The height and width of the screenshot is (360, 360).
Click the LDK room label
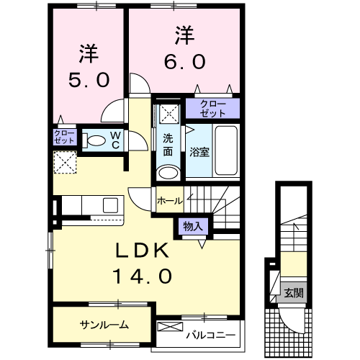[142, 250]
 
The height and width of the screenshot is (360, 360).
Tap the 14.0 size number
[142, 276]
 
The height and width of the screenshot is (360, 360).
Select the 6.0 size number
[184, 61]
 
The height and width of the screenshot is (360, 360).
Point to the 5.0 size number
[89, 80]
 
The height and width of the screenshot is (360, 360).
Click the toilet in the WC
[94, 140]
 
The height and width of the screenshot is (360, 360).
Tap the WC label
[116, 140]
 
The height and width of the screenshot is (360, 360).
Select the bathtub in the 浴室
[226, 150]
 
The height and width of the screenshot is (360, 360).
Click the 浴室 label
[199, 152]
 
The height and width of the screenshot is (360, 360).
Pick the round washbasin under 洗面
[168, 173]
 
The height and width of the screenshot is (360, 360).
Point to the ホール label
[170, 201]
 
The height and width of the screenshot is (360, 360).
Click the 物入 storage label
[193, 226]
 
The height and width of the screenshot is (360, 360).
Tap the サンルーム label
[104, 325]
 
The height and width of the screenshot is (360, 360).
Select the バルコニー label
[211, 335]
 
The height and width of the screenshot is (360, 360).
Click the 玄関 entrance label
[294, 293]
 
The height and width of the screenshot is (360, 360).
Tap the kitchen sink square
[111, 205]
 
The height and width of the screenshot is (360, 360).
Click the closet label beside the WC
[64, 137]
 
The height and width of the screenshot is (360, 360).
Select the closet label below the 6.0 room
[213, 109]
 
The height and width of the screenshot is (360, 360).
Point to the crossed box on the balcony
[170, 326]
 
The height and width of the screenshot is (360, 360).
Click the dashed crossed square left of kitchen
[65, 162]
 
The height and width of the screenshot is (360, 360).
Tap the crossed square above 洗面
[169, 114]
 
